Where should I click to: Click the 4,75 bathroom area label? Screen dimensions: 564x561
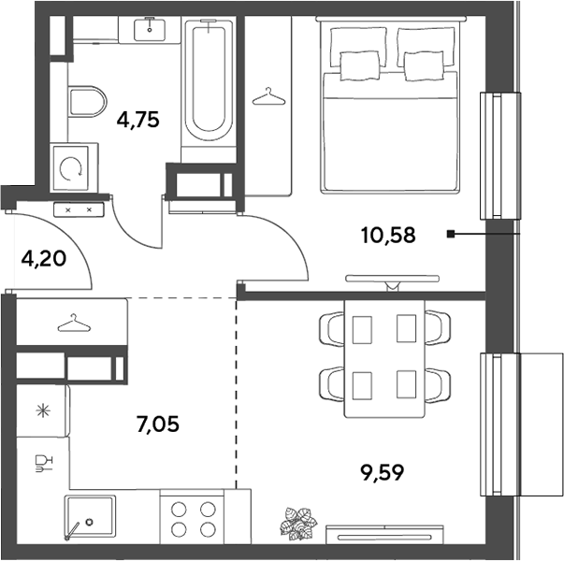(x=138, y=120)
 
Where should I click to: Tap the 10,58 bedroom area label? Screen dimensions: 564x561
(x=388, y=236)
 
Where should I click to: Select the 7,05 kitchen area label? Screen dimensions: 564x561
(x=158, y=424)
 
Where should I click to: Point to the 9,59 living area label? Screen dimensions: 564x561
(x=383, y=472)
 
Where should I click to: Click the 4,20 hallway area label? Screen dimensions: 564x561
(x=44, y=258)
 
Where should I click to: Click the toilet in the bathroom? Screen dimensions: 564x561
(x=87, y=101)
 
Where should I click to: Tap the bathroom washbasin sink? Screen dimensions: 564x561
(x=150, y=30)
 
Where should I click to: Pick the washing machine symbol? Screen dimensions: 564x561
(x=71, y=168)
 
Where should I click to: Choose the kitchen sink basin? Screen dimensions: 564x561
(x=90, y=517)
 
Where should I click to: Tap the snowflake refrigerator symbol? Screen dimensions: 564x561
(x=43, y=411)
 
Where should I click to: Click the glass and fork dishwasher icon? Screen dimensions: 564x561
(x=44, y=464)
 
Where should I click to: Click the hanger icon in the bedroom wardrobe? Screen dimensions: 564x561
(x=268, y=96)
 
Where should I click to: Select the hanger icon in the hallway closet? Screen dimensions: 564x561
(x=74, y=324)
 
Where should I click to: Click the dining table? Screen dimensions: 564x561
(x=384, y=358)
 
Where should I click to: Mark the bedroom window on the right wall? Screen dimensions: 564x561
(x=500, y=156)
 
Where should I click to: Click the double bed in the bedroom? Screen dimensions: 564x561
(x=390, y=105)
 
